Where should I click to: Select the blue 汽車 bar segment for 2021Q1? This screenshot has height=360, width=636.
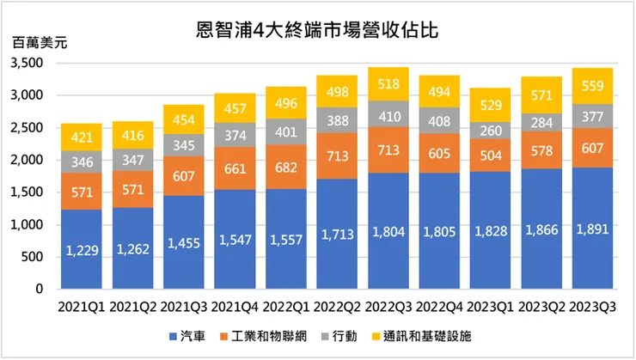[82, 249]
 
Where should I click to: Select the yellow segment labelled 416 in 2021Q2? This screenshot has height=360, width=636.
[133, 136]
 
